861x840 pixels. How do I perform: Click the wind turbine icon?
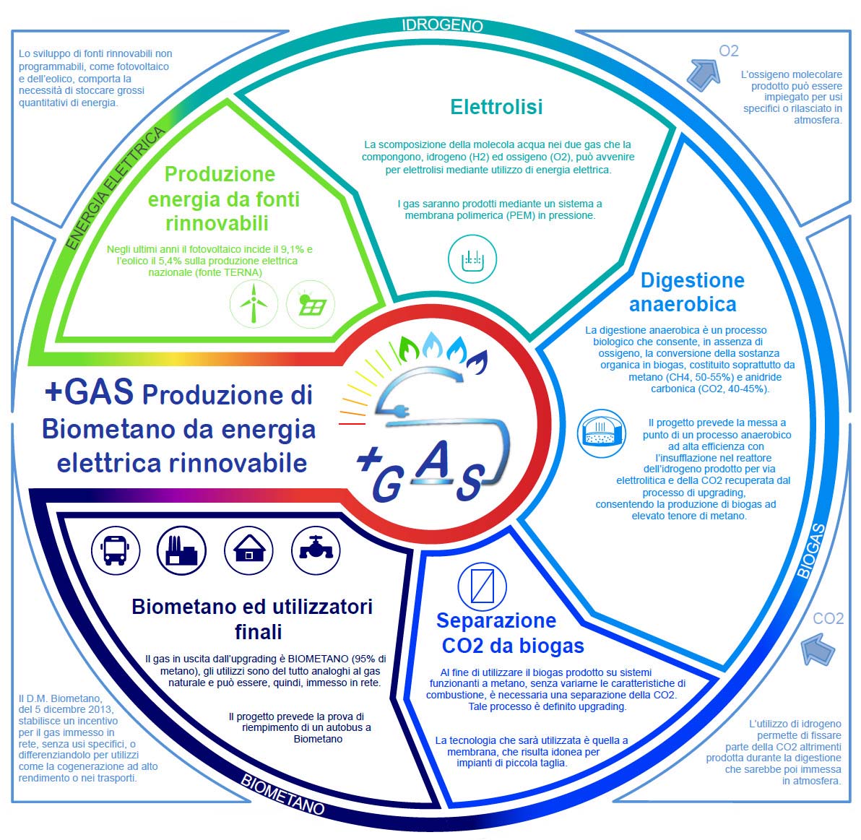[x=254, y=304]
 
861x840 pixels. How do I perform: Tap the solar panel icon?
[x=311, y=304]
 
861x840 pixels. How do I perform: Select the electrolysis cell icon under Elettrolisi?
[x=472, y=259]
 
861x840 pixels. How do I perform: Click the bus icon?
[x=116, y=550]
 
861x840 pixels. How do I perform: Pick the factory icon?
[x=182, y=550]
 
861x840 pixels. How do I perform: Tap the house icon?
[x=248, y=550]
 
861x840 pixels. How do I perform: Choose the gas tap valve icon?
[x=316, y=550]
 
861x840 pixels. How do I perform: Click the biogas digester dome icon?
[x=602, y=433]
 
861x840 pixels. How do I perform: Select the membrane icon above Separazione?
[x=482, y=586]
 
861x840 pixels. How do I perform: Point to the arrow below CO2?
[x=818, y=649]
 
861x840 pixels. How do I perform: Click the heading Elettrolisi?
[x=496, y=106]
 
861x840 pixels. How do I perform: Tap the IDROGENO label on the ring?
[x=443, y=25]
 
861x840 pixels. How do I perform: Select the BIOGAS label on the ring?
[x=812, y=550]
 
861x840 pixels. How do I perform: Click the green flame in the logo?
[x=409, y=348]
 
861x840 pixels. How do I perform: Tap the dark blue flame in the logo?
[x=477, y=362]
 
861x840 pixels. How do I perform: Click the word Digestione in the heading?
[x=693, y=280]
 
